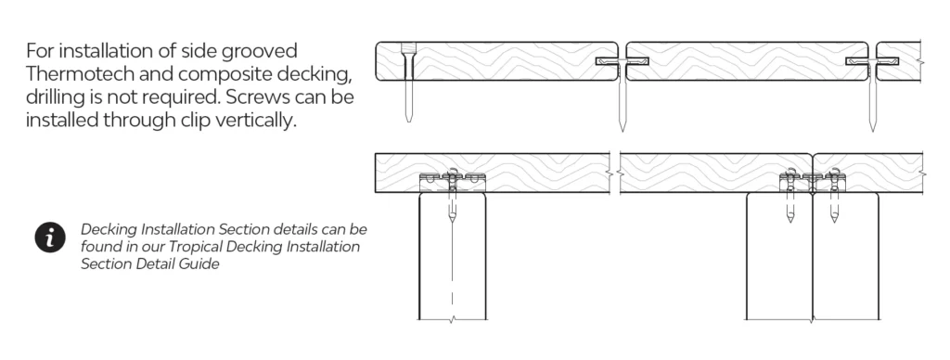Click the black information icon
(x=50, y=238)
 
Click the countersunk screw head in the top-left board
(x=409, y=48)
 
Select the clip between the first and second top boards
(x=623, y=61)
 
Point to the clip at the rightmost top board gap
(x=872, y=61)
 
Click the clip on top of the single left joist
(x=453, y=179)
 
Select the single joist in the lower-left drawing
(x=453, y=256)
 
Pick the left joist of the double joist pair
(x=779, y=256)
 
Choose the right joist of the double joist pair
(x=846, y=256)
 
